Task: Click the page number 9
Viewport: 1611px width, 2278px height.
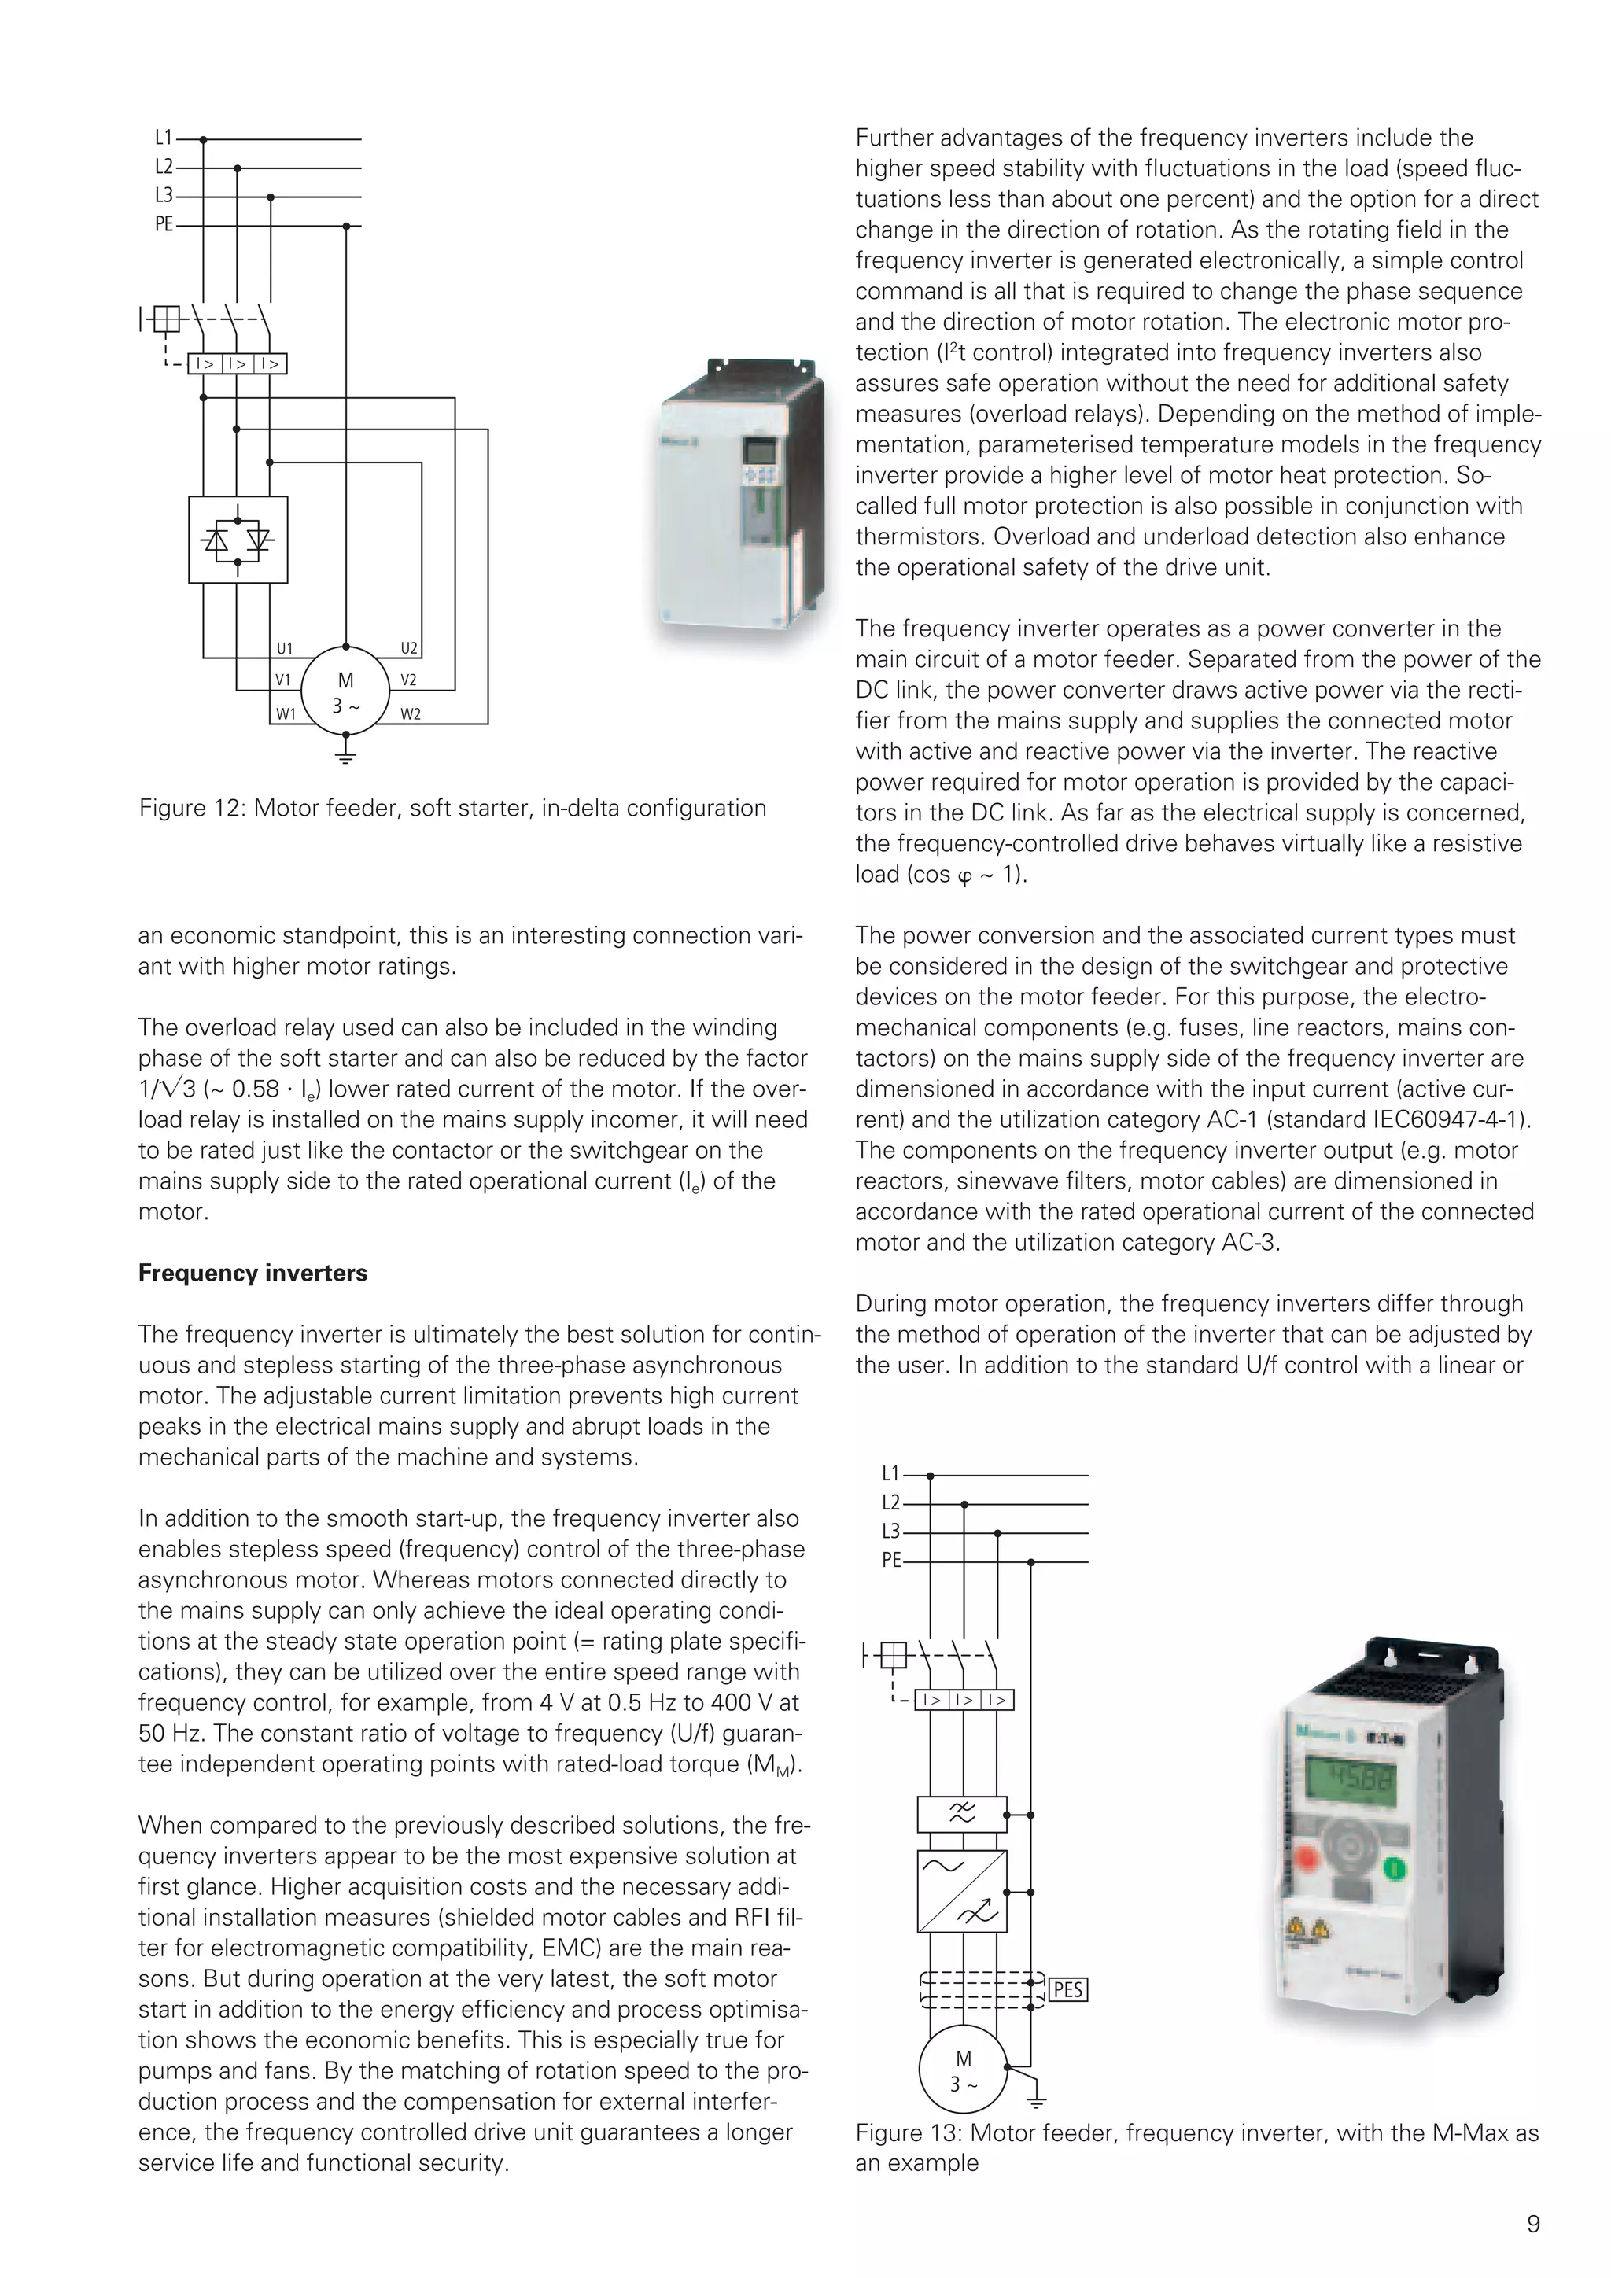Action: pyautogui.click(x=1532, y=2224)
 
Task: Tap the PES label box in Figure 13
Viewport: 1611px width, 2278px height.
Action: pyautogui.click(x=1067, y=1989)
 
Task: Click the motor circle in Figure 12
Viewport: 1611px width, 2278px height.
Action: pyautogui.click(x=345, y=691)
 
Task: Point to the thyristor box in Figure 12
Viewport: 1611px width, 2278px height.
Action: pyautogui.click(x=238, y=540)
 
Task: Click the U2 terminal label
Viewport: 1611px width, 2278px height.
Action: pyautogui.click(x=410, y=649)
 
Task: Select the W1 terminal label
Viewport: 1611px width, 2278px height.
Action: pyautogui.click(x=286, y=713)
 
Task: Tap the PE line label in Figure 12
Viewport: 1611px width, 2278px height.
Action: pyautogui.click(x=164, y=225)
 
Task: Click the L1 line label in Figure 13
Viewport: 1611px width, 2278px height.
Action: pyautogui.click(x=890, y=1474)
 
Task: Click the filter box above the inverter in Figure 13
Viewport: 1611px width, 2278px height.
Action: pyautogui.click(x=962, y=1814)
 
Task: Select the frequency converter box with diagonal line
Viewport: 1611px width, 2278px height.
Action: pyautogui.click(x=962, y=1891)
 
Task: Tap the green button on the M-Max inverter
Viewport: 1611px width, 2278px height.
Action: pyautogui.click(x=1394, y=1869)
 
